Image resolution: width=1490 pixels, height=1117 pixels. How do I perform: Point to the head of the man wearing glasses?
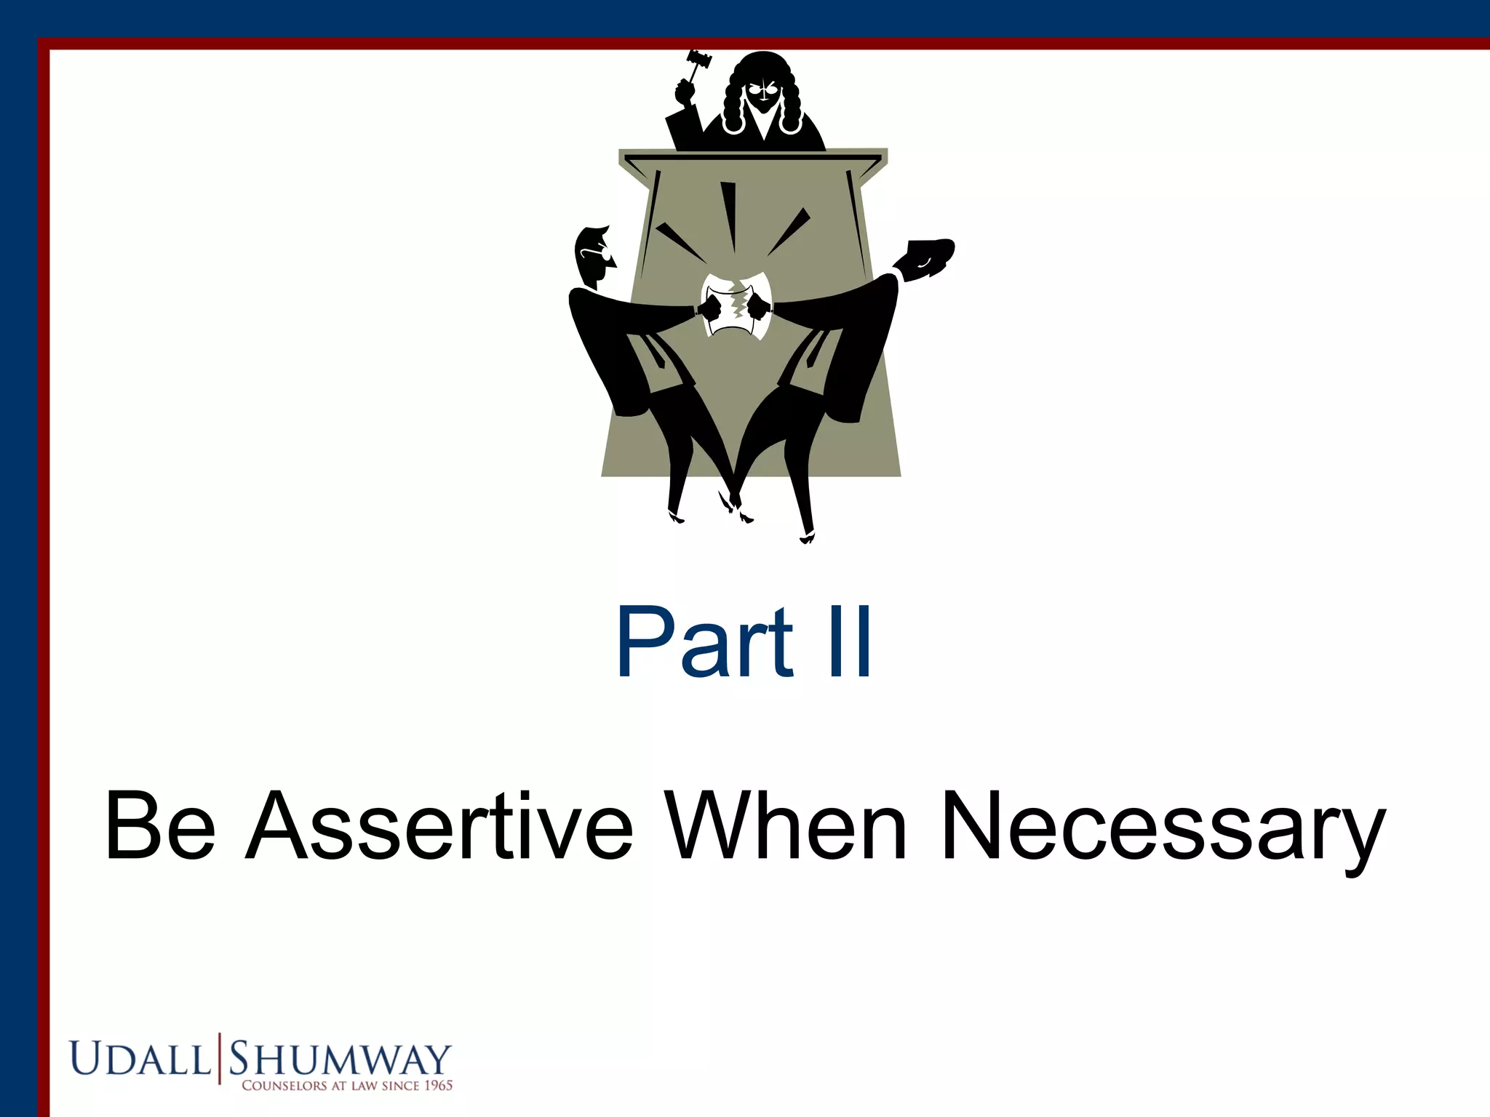[x=594, y=255]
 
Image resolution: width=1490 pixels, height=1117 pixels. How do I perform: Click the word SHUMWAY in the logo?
[x=340, y=1059]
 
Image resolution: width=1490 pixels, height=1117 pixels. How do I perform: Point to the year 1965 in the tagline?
[x=438, y=1086]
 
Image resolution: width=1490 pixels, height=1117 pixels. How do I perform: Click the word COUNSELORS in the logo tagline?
[x=284, y=1086]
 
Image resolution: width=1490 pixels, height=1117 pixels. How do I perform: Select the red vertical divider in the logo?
[x=220, y=1058]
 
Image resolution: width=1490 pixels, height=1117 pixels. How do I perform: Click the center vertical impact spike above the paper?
[x=728, y=215]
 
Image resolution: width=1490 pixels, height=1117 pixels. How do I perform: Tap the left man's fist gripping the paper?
[x=709, y=308]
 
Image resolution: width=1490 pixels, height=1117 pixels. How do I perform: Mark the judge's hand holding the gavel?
[x=685, y=92]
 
